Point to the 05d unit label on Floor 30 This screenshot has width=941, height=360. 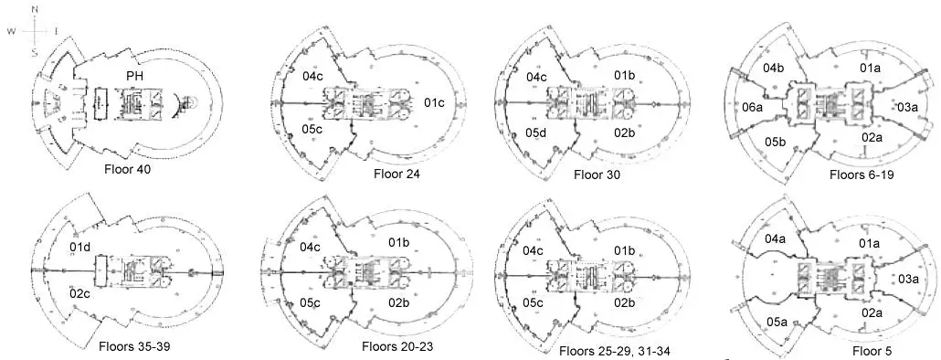[536, 133]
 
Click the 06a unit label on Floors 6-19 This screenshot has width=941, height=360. [752, 108]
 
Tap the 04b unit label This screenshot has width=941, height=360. [775, 69]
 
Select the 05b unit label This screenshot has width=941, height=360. [776, 142]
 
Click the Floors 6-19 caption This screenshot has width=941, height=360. [861, 174]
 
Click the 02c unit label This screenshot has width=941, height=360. [79, 291]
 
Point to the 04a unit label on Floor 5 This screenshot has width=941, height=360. [775, 239]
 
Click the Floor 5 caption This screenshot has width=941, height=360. [872, 350]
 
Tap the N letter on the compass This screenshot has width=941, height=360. [35, 8]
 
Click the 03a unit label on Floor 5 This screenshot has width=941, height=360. [906, 279]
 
